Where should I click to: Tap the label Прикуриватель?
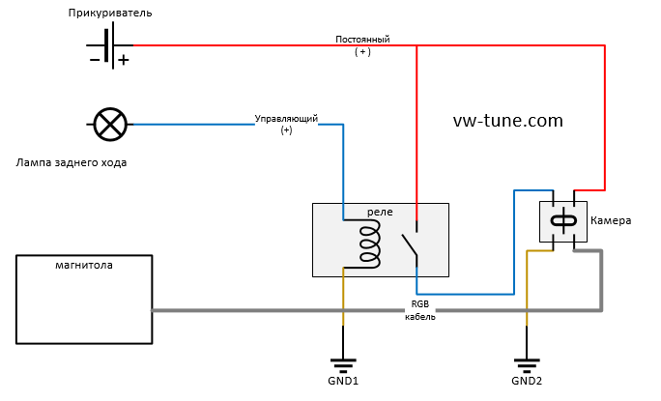tap(110, 14)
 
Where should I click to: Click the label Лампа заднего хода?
tap(72, 162)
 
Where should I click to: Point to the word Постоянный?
tap(362, 40)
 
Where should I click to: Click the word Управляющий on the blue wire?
tap(286, 118)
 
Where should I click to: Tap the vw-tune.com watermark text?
tap(507, 121)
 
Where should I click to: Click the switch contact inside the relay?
tap(410, 242)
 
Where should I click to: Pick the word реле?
tap(380, 211)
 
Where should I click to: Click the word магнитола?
tap(85, 265)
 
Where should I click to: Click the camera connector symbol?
tap(562, 220)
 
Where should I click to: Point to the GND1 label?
tap(342, 381)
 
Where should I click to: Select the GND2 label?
tap(527, 381)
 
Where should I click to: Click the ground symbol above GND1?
tap(342, 363)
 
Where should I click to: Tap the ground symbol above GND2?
tap(527, 363)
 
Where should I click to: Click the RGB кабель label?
tap(420, 310)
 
